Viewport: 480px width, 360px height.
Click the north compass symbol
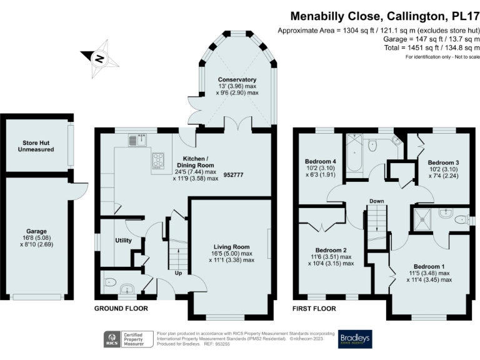99,59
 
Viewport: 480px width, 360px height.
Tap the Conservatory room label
237,80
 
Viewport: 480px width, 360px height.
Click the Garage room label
36,231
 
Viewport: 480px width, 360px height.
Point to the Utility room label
124,240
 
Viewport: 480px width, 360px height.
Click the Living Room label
231,247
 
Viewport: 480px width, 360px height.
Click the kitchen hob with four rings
157,161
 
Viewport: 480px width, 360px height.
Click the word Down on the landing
376,201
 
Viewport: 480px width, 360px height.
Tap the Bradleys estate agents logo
355,339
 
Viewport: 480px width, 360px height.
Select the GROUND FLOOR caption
121,309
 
